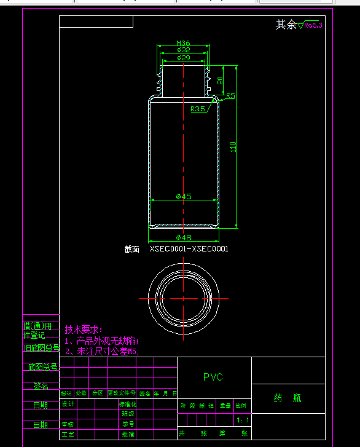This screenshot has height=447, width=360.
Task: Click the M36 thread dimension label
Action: (x=183, y=43)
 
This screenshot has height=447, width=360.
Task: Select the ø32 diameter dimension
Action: (x=183, y=50)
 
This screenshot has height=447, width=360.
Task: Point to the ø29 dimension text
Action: (x=183, y=57)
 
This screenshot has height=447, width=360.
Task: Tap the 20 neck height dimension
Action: (x=221, y=80)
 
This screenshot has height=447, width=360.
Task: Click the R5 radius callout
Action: (x=230, y=96)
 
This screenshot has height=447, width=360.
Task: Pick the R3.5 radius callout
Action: (x=198, y=109)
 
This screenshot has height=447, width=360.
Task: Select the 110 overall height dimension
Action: (x=233, y=146)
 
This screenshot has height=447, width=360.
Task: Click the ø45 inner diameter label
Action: (x=184, y=196)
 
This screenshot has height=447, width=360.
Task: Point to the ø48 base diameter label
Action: (x=184, y=237)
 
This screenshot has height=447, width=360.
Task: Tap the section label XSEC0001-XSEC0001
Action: (x=189, y=249)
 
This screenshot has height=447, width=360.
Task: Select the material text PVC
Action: (x=213, y=377)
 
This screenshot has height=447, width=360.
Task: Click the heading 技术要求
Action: (x=84, y=330)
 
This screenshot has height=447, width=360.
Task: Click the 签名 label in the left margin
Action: (x=41, y=386)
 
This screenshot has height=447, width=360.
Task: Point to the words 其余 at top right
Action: (x=286, y=25)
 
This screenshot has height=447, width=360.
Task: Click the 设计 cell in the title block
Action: (x=68, y=405)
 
